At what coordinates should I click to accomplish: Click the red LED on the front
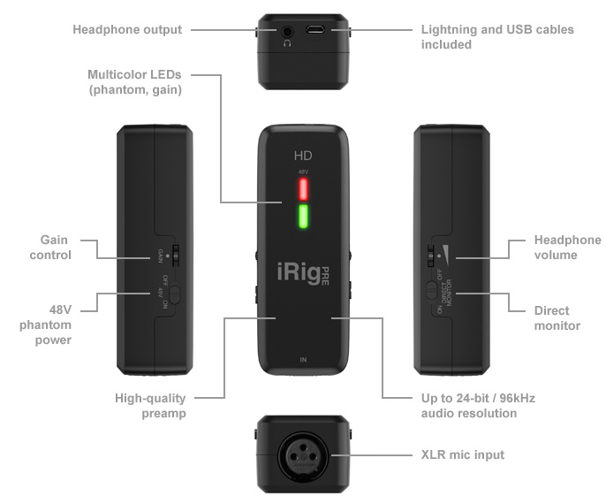(x=302, y=189)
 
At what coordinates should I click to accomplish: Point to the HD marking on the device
(x=303, y=157)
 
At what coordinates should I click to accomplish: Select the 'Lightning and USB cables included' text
(x=497, y=36)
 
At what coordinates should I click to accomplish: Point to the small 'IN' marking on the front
(x=303, y=361)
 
